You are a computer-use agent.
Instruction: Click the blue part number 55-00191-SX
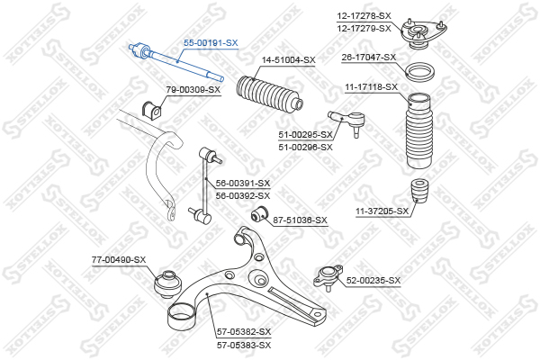coord(211,43)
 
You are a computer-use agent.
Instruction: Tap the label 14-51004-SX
coord(289,60)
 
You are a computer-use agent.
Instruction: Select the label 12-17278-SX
coord(364,16)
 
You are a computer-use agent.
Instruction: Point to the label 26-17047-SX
coord(369,58)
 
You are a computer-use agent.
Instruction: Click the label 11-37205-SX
coord(382,211)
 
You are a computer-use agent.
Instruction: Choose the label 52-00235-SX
coord(373,281)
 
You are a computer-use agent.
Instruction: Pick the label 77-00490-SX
coord(119,259)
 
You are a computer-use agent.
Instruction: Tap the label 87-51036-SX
coord(300,220)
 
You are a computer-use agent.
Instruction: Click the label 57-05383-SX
coord(244,345)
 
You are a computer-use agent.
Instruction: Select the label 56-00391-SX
coord(243,183)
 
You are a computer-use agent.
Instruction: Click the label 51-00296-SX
coord(305,147)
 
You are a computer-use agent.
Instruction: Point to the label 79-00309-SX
coord(193,90)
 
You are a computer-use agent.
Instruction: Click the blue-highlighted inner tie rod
coord(176,62)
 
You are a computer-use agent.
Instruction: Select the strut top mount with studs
coord(424,34)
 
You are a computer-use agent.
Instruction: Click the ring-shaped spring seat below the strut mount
coord(419,72)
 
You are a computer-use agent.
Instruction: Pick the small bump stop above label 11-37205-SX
coord(420,191)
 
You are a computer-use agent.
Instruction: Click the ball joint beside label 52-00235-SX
coord(328,277)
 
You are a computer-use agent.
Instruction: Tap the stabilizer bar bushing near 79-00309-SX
coord(151,109)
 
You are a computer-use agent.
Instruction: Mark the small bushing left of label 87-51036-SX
coord(260,214)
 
